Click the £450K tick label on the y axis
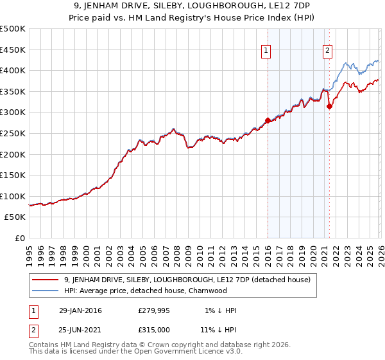pyautogui.click(x=13, y=50)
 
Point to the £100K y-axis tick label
pyautogui.click(x=13, y=196)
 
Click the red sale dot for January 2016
pyautogui.click(x=268, y=120)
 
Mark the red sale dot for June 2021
pyautogui.click(x=329, y=107)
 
